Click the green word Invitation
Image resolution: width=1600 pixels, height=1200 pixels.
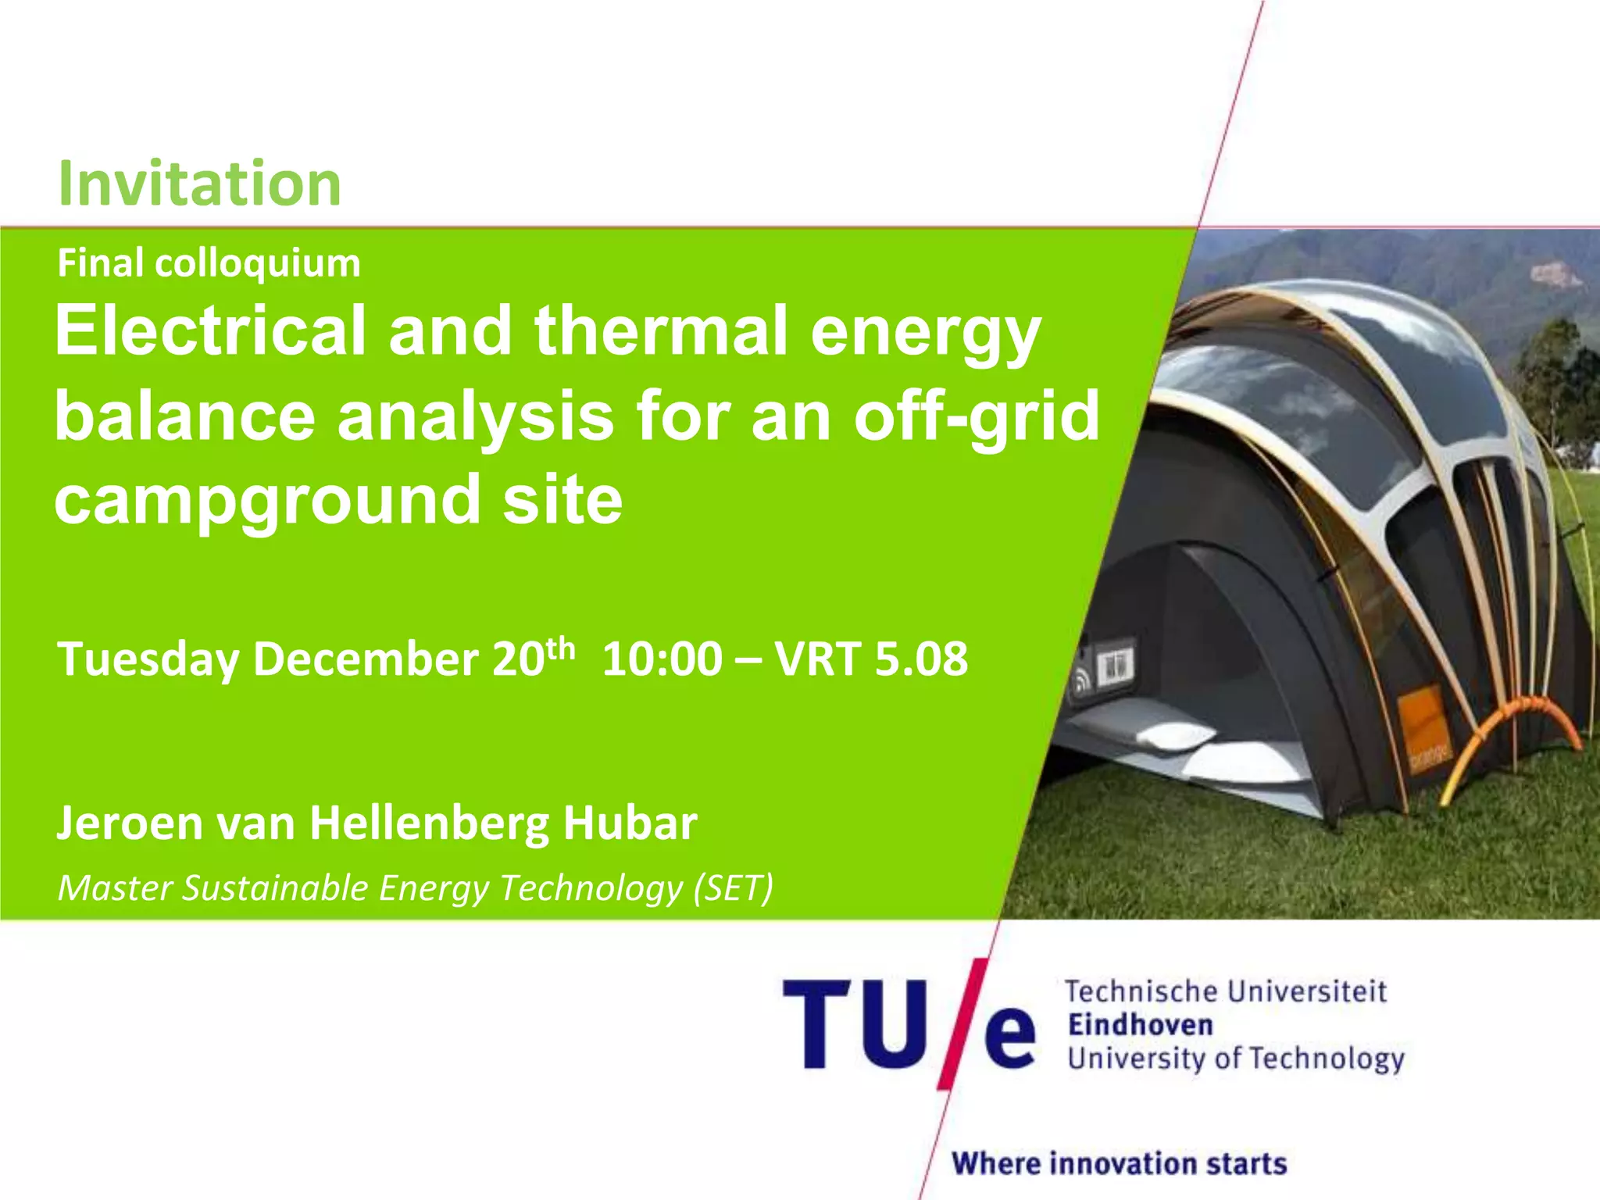point(199,184)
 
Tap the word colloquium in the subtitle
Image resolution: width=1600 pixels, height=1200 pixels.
point(257,264)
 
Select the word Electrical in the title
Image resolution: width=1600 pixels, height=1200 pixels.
point(210,331)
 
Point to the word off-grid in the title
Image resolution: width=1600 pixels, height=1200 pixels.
point(976,417)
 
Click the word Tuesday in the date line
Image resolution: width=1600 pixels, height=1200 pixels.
point(148,659)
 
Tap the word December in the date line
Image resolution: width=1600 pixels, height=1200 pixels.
point(366,659)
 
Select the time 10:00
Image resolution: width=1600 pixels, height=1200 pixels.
point(662,659)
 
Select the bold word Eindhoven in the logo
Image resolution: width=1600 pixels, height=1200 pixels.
point(1140,1025)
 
